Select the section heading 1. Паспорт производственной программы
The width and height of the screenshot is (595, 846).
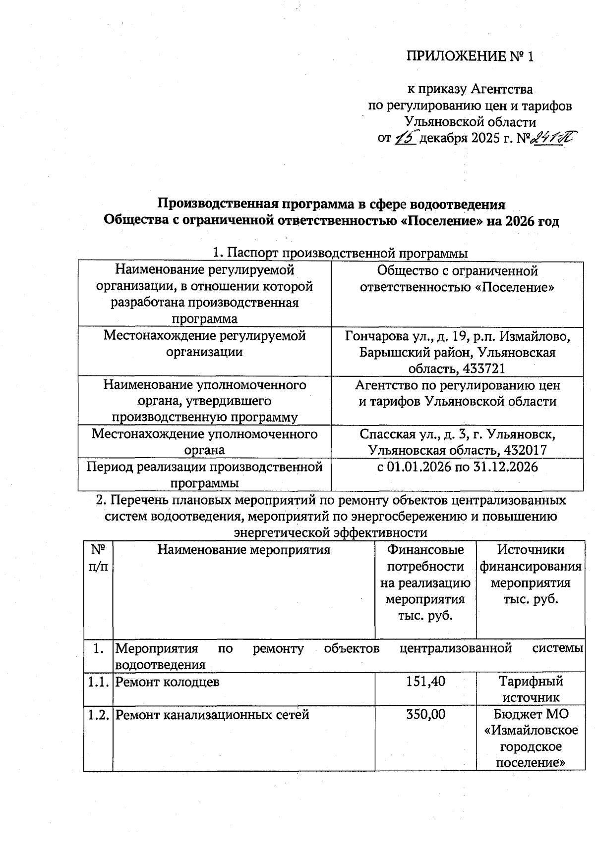[340, 253]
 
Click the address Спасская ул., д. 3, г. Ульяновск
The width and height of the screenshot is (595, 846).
[457, 434]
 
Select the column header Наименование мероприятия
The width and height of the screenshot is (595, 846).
[244, 550]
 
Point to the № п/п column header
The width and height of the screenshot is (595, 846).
[98, 558]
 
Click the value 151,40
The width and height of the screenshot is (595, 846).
[425, 682]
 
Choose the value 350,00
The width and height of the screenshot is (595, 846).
[425, 714]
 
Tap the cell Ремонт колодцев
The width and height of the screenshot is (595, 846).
[167, 682]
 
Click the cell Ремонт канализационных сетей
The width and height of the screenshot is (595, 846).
[212, 715]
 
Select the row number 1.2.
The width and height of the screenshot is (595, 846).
[98, 715]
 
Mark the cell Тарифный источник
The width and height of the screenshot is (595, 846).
[531, 689]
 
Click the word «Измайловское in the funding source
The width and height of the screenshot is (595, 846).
[531, 731]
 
